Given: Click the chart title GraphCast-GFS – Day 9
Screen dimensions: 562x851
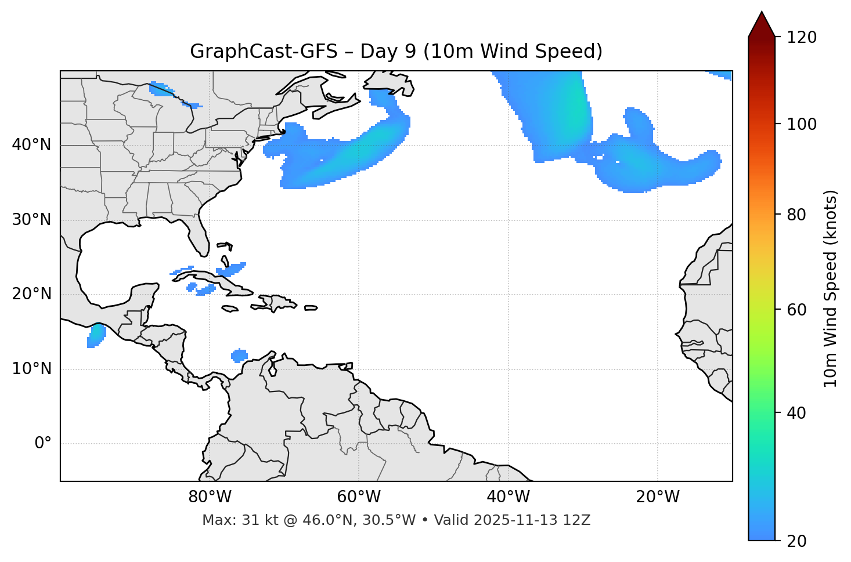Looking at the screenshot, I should [396, 52].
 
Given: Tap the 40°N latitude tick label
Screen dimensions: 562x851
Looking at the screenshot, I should [31, 145].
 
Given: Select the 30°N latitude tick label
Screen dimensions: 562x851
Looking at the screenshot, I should [31, 220].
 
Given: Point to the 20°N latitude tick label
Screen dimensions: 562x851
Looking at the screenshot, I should [31, 294].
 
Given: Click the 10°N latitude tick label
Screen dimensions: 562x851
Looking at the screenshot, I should [31, 369].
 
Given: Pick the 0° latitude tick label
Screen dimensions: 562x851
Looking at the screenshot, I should [42, 444].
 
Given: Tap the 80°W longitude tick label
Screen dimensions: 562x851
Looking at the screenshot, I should [210, 497].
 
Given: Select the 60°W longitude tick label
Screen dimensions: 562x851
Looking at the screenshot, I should [359, 497].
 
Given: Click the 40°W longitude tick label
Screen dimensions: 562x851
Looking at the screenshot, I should [508, 497].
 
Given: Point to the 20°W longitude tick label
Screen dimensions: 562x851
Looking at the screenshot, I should [657, 497].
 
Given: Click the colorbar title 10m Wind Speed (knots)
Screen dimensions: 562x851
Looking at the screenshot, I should [831, 288].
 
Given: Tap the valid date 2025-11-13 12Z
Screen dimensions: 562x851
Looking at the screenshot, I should [532, 520].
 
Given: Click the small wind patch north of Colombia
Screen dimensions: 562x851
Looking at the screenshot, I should [239, 356].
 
